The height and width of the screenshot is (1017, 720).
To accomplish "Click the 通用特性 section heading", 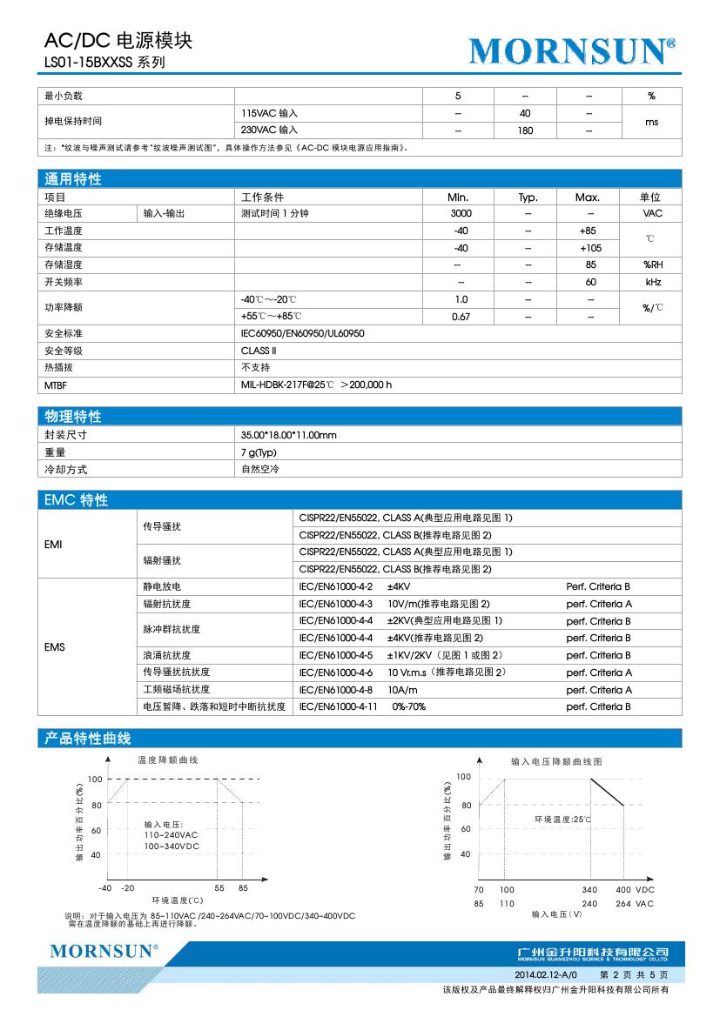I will [73, 179].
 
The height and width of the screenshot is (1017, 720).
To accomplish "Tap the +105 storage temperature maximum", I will [589, 248].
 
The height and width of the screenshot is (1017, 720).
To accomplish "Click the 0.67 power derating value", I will [461, 317].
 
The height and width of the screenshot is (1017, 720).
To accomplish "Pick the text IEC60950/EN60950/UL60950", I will [302, 333].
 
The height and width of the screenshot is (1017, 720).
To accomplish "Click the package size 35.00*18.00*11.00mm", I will [288, 434].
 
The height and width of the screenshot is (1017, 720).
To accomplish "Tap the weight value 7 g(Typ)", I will [259, 452].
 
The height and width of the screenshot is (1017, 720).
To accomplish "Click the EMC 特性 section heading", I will [76, 500].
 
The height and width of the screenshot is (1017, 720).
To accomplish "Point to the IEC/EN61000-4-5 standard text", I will [335, 655].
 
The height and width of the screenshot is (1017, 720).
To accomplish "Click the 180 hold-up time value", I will [525, 130].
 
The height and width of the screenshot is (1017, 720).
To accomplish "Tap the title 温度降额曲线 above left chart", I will [168, 759].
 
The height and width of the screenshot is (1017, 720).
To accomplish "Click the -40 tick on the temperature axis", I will [104, 888].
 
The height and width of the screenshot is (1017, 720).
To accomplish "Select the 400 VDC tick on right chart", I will [635, 890].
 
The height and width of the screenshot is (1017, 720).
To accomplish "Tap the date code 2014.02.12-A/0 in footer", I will [541, 976].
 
